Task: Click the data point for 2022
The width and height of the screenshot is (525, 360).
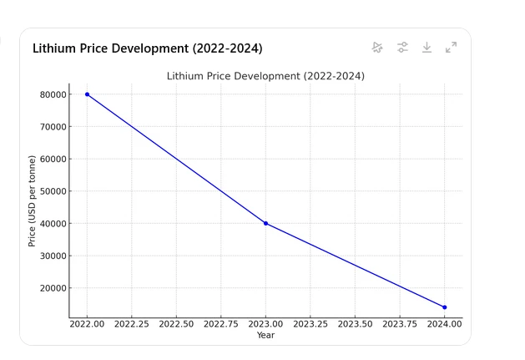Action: coord(87,94)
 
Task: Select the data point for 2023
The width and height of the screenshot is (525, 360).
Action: coord(265,223)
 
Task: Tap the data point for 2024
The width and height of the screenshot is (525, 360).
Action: coord(444,307)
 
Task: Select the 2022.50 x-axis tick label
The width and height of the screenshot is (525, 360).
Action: coord(176,324)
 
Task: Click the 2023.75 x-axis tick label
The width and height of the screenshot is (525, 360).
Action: coord(399,324)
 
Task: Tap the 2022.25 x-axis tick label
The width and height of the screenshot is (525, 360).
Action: coord(131,324)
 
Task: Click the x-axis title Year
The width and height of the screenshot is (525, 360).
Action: coord(265,335)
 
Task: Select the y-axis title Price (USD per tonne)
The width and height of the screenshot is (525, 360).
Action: coord(32,200)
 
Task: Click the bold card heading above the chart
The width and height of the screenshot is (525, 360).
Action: coord(147,48)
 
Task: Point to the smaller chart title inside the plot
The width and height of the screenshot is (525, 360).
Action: coord(265,76)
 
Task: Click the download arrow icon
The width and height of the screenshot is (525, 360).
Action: coord(427,48)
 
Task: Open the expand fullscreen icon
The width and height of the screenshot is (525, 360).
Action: coord(451,48)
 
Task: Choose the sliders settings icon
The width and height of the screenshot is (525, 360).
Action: coord(402,48)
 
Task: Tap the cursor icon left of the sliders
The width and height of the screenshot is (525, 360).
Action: coord(377,48)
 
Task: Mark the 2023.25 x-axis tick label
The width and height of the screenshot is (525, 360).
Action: coord(310,324)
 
